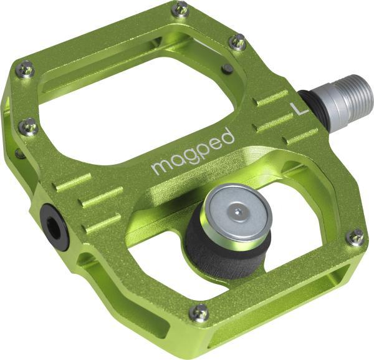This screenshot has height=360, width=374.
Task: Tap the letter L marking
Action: (300, 107)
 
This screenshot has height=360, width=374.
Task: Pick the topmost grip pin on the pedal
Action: (180, 9)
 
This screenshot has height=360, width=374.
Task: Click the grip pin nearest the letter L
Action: (237, 42)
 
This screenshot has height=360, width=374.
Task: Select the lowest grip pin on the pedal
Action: (200, 311)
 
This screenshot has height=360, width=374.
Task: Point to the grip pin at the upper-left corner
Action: (25, 70)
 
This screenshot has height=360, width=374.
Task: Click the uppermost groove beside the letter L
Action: (272, 99)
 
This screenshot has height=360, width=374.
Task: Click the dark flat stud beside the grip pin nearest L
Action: (228, 68)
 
